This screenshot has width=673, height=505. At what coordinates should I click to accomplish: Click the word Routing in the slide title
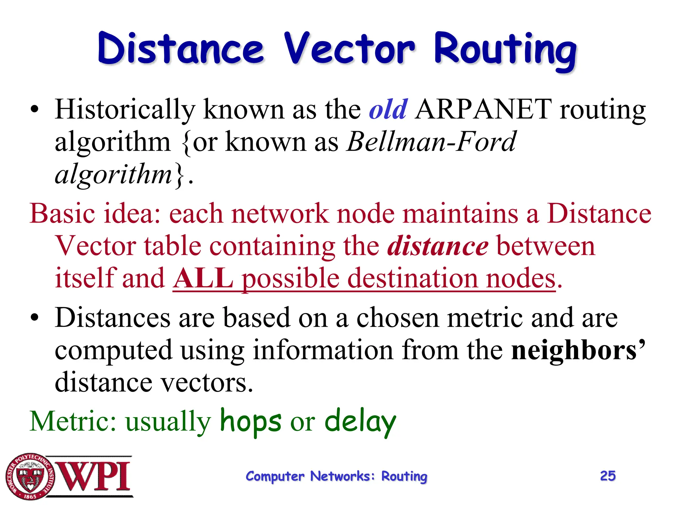(505, 51)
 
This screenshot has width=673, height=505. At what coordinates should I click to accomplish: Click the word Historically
(125, 110)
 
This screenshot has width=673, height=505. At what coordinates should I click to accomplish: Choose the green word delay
(360, 422)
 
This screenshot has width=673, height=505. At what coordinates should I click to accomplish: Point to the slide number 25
(608, 476)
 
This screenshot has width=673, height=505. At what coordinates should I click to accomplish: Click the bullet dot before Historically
(34, 110)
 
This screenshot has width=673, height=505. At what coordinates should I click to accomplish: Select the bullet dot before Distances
(34, 318)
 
